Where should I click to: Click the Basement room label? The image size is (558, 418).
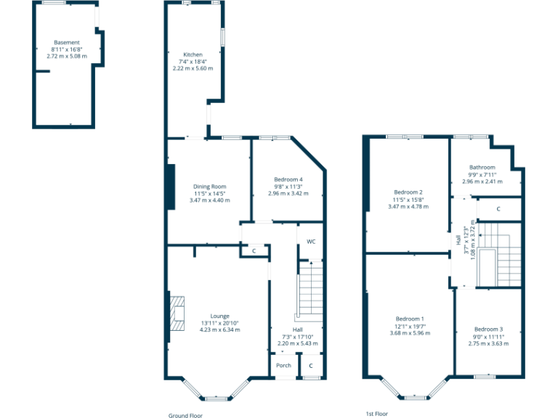tap(66, 43)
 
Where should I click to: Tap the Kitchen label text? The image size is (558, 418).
tap(193, 55)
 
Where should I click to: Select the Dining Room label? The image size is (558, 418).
tap(209, 187)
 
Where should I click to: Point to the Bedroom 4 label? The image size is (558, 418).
tap(288, 180)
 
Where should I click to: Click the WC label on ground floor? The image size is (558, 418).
tap(310, 241)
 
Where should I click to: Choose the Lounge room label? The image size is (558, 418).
tap(219, 316)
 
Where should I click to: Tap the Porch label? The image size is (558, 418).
tap(283, 366)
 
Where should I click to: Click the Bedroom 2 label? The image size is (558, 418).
tap(408, 192)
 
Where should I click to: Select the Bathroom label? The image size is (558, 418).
tap(482, 168)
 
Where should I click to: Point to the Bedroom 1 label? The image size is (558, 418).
tap(410, 319)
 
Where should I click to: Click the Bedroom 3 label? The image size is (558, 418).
tap(488, 329)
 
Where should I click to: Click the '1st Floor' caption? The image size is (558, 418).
tap(375, 414)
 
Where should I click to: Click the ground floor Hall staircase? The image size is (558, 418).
tap(310, 290)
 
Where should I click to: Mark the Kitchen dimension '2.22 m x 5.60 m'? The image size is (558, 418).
tap(193, 68)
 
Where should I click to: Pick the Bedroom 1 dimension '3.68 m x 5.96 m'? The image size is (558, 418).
tap(410, 333)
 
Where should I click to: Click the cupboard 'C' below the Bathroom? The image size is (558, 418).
tap(498, 209)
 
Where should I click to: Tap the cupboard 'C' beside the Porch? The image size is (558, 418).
tap(311, 366)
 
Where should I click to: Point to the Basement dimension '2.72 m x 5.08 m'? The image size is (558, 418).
tap(66, 56)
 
